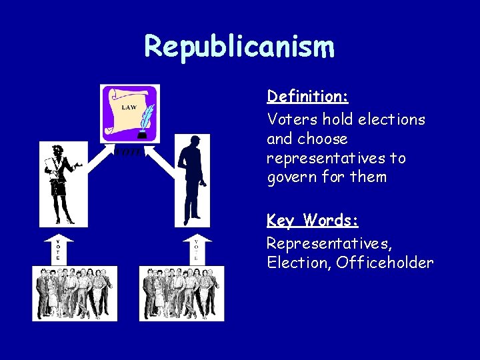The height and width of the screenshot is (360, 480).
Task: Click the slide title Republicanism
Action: click(239, 47)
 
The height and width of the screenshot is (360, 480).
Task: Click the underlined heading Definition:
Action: click(307, 97)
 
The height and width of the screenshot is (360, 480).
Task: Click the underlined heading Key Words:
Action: click(313, 221)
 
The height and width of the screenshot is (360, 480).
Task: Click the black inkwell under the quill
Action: click(141, 135)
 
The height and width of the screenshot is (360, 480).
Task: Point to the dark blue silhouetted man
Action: click(192, 180)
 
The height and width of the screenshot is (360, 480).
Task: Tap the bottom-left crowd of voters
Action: click(75, 293)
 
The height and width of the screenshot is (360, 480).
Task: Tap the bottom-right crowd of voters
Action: click(181, 293)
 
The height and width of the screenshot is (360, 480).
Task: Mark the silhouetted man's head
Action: click(194, 141)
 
